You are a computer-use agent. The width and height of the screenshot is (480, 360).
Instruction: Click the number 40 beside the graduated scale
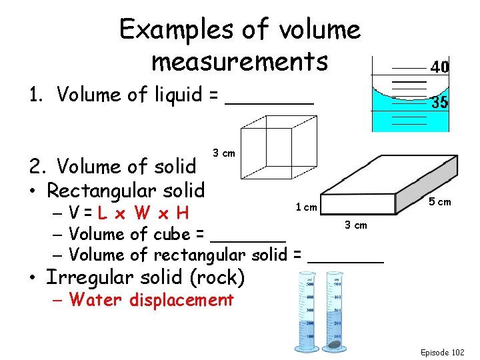coord(439,67)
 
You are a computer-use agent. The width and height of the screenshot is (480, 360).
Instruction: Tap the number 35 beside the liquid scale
coord(439,103)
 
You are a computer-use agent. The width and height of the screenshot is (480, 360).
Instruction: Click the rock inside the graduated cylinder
coord(333,345)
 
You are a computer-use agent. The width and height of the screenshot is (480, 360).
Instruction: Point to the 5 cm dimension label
coord(439,202)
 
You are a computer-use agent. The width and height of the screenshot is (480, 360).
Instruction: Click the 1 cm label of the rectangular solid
coord(306,207)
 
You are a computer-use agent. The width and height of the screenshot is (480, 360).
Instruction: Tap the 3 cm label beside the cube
coord(223,153)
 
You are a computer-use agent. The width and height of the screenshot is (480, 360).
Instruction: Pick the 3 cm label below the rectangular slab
coord(355,225)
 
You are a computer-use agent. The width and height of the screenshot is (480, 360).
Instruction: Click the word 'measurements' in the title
coord(240,61)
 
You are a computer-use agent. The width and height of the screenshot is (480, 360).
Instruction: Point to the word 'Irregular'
coord(102,277)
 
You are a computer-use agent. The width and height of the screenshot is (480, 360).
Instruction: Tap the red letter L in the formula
coord(102,213)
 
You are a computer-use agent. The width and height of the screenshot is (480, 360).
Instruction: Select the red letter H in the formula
coord(182,213)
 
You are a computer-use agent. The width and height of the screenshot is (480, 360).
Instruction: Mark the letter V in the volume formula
coord(74,213)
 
